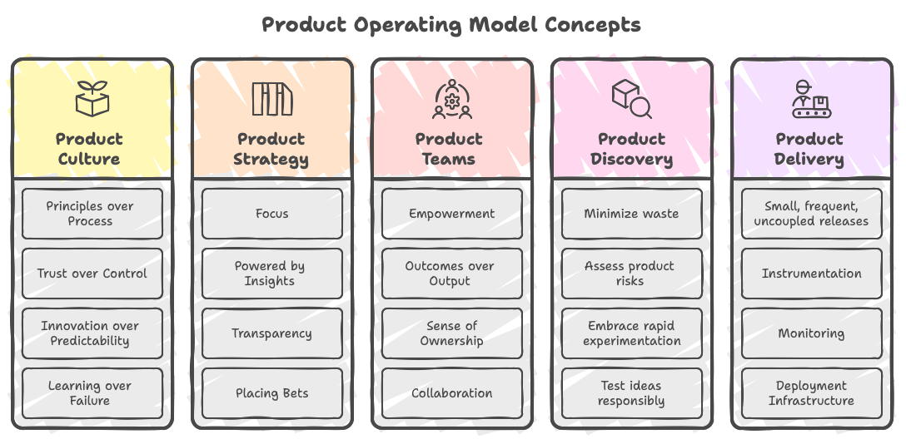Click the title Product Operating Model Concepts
pos(451,24)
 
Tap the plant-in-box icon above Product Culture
pos(92,99)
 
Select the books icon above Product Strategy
pos(271,99)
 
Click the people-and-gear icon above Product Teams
pos(451,99)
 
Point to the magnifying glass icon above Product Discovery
pos(631,99)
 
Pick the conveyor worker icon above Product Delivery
pos(810,99)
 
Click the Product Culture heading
pos(90,149)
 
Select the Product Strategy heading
pos(271,149)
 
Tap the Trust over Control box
pos(92,274)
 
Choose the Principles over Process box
pos(92,214)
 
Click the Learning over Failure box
pos(92,393)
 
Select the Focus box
pos(271,214)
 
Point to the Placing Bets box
pos(271,393)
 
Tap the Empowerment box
pos(451,214)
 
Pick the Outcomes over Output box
pos(451,274)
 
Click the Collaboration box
pos(451,393)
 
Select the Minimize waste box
pos(631,214)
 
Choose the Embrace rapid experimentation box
pos(631,333)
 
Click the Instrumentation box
pos(811,274)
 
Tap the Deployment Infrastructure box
pos(811,393)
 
